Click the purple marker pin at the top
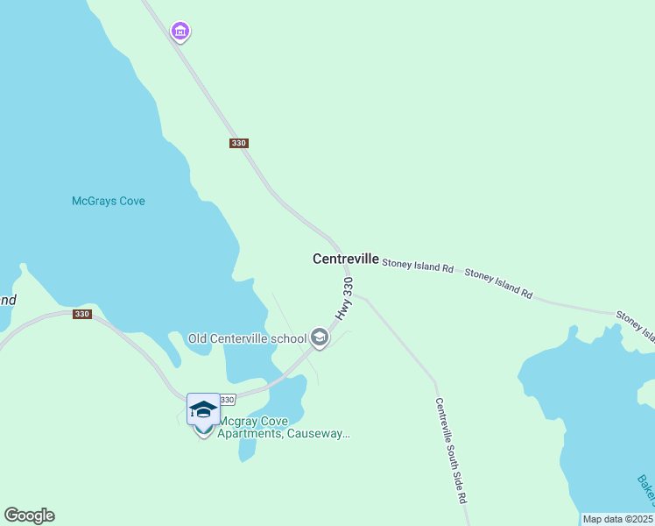[180, 32]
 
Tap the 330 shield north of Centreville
[239, 143]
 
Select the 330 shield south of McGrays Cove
[81, 314]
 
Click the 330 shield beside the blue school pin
[227, 400]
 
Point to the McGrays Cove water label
[108, 201]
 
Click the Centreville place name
[346, 259]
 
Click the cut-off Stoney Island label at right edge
[635, 324]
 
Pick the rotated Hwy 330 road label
[345, 299]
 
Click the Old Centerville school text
[247, 338]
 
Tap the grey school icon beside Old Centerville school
[320, 338]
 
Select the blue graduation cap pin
[203, 409]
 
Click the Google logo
[29, 515]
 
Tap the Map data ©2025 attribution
[618, 519]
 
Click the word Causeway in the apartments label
[320, 433]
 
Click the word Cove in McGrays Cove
[131, 201]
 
